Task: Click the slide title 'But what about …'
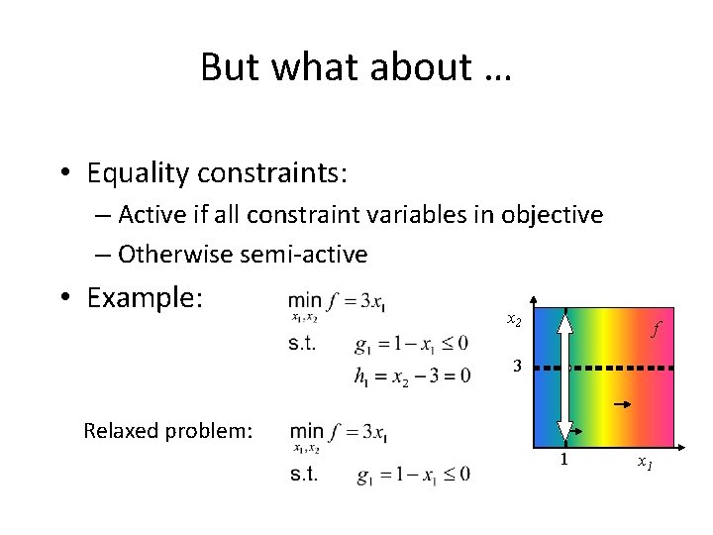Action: pyautogui.click(x=356, y=67)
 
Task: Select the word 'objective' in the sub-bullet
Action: pyautogui.click(x=555, y=215)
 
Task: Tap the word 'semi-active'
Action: pyautogui.click(x=304, y=255)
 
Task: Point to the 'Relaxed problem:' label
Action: pyautogui.click(x=168, y=431)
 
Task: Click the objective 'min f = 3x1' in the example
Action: pyautogui.click(x=338, y=302)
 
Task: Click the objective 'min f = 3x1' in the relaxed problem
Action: pyautogui.click(x=338, y=432)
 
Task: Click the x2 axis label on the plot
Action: pyautogui.click(x=514, y=320)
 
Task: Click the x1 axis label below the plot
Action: pyautogui.click(x=644, y=462)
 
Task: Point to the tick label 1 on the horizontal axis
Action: pyautogui.click(x=563, y=460)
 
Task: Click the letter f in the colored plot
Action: pyautogui.click(x=655, y=329)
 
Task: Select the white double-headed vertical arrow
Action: pyautogui.click(x=563, y=374)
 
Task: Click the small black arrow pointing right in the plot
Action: pyautogui.click(x=624, y=405)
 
